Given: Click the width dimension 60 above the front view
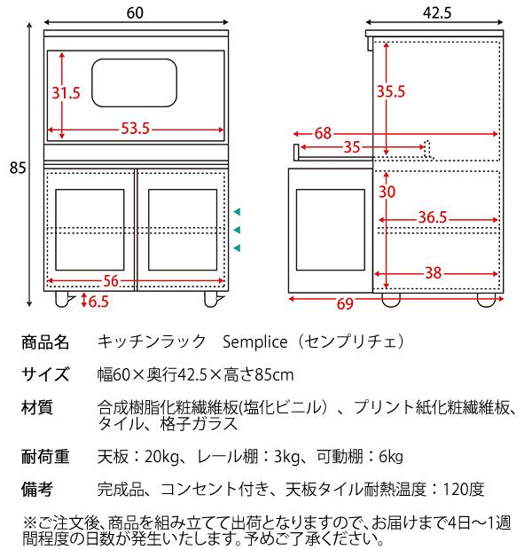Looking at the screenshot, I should point(135,13).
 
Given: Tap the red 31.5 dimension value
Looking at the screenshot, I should point(66,92).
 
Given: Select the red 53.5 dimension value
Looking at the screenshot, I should point(135,130).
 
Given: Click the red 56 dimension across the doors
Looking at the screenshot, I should point(111,280).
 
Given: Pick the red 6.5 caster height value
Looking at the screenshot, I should point(98,302).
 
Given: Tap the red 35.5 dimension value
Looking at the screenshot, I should point(390,90).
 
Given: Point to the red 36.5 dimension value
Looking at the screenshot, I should point(432,216).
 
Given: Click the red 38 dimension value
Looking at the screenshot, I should point(433,274).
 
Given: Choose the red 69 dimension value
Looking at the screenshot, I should point(345,304).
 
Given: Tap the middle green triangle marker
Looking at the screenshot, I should point(237,230).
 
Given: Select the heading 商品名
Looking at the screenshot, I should point(44,341).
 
